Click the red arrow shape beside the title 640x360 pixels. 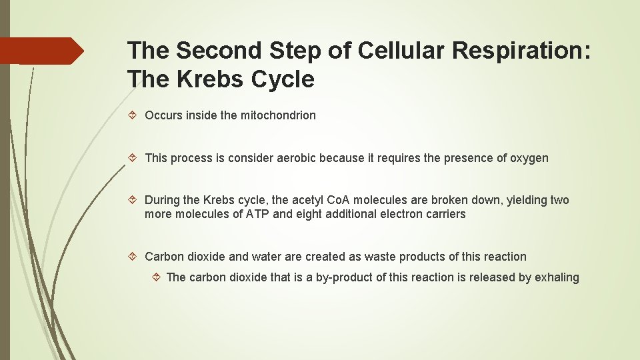(41, 51)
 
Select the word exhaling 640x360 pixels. (557, 277)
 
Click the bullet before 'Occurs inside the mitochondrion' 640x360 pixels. (133, 115)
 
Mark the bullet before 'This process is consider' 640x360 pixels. (133, 158)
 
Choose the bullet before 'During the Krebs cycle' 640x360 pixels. (133, 200)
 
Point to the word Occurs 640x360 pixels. (163, 115)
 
